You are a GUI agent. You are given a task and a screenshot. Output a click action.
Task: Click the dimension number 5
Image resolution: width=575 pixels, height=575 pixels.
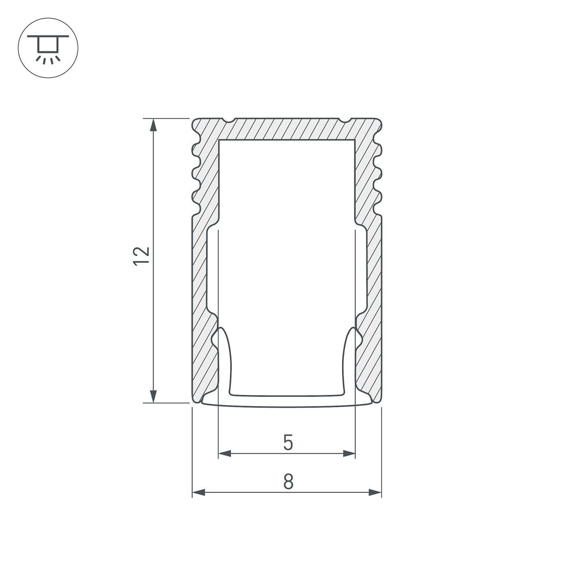tap(288, 443)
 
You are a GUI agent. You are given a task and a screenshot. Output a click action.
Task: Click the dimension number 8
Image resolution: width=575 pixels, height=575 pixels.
tap(288, 482)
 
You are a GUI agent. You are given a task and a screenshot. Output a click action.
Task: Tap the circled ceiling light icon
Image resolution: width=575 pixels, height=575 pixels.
tap(48, 48)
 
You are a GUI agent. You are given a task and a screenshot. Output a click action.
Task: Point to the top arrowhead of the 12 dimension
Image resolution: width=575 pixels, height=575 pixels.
tap(154, 125)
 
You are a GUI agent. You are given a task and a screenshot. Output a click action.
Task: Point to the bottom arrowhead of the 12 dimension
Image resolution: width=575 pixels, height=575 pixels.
tap(154, 396)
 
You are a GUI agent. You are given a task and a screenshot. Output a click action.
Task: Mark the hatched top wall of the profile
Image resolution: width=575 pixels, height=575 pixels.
tap(287, 129)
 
